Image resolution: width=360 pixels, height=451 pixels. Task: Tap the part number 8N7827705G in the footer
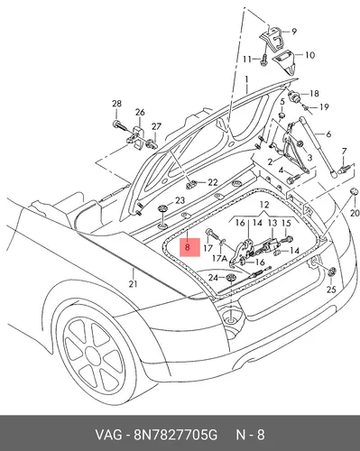coord(175,435)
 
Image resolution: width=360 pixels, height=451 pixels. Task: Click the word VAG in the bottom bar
coord(108,435)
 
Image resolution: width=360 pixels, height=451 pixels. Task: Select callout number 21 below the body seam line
coord(133,283)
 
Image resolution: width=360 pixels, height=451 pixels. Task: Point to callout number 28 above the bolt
coord(116,104)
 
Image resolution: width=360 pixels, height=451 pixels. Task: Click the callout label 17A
coord(219,258)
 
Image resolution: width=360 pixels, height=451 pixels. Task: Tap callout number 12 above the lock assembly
coord(264,205)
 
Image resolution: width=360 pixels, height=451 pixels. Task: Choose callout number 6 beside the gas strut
coord(328,133)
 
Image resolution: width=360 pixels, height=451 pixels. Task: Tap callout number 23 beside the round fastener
coord(180,200)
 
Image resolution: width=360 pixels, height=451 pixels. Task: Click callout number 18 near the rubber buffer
coord(314,94)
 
